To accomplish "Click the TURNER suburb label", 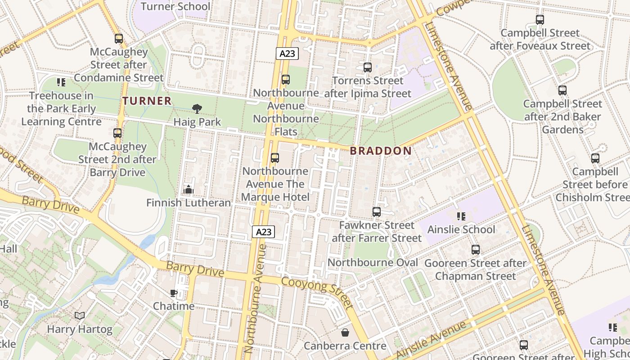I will (x=147, y=101).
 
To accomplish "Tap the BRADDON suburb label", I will (x=381, y=151).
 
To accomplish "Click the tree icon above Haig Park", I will (x=197, y=108).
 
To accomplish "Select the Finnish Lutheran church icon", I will (x=189, y=190).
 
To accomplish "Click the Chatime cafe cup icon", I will (x=174, y=293).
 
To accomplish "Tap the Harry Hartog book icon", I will (x=80, y=316).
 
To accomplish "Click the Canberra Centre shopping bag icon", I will (x=345, y=333).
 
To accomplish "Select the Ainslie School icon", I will (x=460, y=216).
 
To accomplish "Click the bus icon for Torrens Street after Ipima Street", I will (x=368, y=67).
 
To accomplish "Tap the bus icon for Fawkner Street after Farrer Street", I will (x=377, y=211).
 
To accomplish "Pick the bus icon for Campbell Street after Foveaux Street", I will (x=540, y=20).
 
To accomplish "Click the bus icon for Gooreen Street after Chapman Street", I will (x=476, y=250).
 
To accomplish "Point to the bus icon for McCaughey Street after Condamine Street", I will (x=119, y=39).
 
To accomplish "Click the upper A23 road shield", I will (x=287, y=54).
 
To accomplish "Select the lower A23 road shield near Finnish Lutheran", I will (x=263, y=232).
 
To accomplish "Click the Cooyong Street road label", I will (x=317, y=292).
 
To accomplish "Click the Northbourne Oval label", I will (x=373, y=262).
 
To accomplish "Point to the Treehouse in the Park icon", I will (x=61, y=82).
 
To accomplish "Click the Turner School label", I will (x=175, y=6).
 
